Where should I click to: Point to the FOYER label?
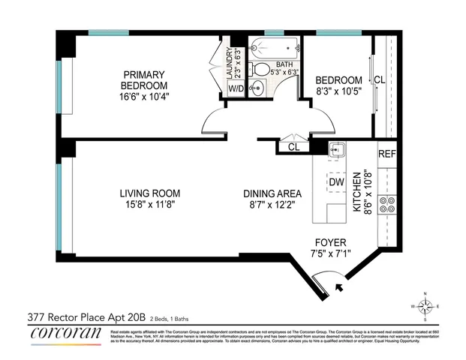[330, 242]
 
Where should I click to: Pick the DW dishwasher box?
[337, 181]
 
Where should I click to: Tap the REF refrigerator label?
[386, 154]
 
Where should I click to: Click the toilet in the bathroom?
[260, 69]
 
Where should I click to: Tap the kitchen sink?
[337, 149]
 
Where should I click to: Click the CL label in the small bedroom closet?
[380, 80]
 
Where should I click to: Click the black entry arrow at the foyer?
[340, 286]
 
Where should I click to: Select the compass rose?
[425, 305]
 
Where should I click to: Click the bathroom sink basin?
[259, 89]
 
